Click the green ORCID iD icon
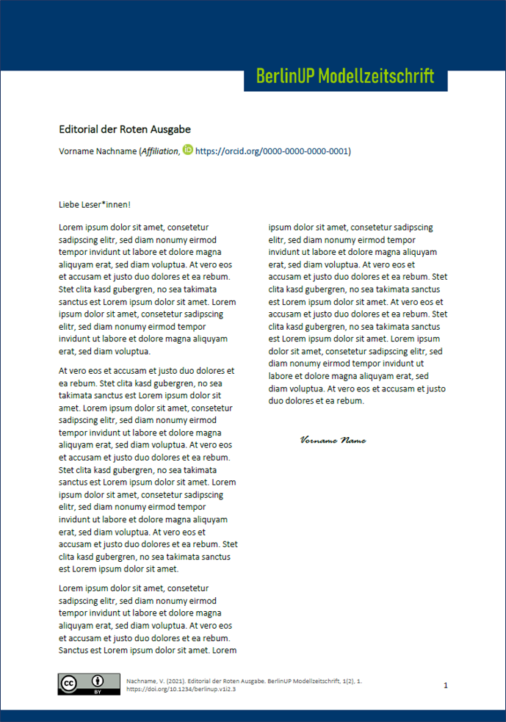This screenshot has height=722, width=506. (188, 150)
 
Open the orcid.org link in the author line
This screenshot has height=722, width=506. (272, 151)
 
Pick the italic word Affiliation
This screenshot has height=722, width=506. (159, 151)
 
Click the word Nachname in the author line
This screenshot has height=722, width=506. (116, 151)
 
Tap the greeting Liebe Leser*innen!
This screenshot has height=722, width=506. (95, 204)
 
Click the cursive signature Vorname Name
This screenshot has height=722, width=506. (333, 441)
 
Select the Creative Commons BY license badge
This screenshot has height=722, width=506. (89, 683)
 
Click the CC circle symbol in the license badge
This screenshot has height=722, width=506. (69, 683)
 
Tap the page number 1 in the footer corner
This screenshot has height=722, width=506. (446, 685)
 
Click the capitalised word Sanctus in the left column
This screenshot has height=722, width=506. (76, 650)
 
